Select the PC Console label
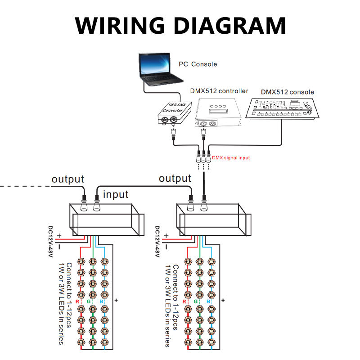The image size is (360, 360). click(x=198, y=64)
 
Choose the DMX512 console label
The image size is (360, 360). click(x=287, y=92)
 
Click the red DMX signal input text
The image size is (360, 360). click(x=230, y=158)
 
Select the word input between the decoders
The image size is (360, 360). click(x=116, y=194)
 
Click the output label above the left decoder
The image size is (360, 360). click(x=68, y=179)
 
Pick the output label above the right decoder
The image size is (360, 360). click(x=175, y=179)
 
